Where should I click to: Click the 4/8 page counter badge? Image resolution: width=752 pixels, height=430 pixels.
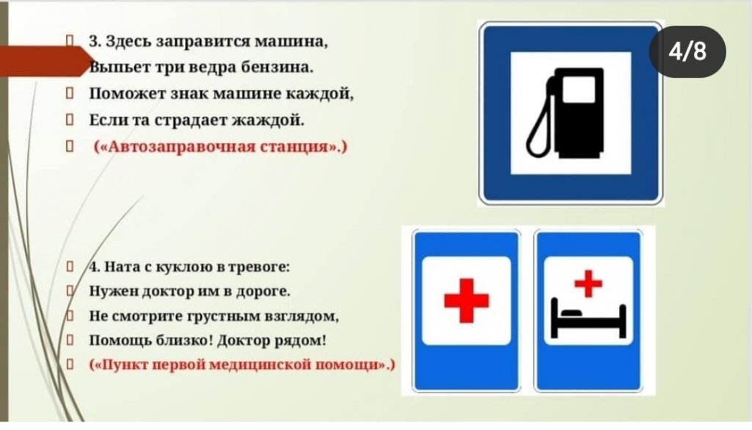[x=687, y=51]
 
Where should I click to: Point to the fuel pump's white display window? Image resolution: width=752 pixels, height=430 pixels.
[x=579, y=90]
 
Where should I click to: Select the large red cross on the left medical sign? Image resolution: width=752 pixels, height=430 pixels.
[x=466, y=301]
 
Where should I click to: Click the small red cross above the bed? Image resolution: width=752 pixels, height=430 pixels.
[x=588, y=284]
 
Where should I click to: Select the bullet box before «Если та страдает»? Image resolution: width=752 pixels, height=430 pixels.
[x=70, y=119]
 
